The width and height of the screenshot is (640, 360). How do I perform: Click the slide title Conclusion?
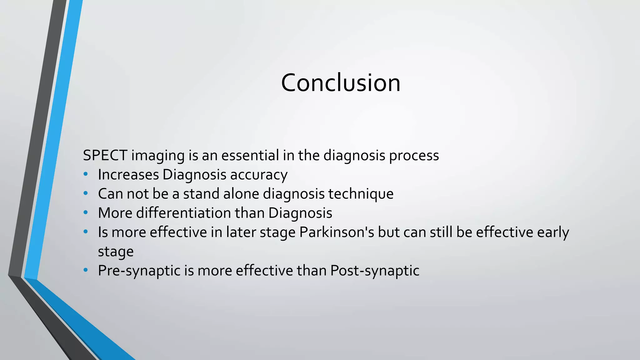(340, 83)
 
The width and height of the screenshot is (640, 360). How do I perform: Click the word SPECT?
(105, 155)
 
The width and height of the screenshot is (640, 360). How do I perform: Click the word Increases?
(128, 175)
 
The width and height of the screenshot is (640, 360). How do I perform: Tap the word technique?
(361, 194)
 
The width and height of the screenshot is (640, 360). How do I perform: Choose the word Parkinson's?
(337, 232)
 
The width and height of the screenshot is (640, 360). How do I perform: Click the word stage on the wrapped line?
(116, 252)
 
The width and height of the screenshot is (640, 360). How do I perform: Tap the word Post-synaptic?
(375, 271)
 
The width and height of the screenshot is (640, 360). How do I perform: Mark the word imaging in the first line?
(158, 156)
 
